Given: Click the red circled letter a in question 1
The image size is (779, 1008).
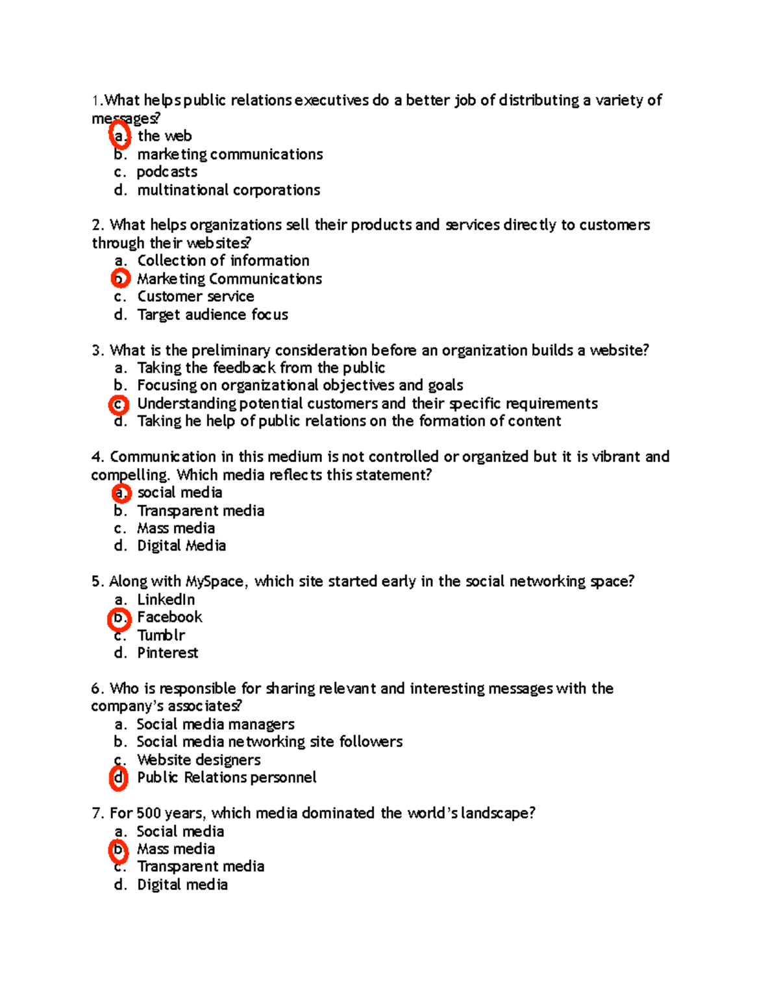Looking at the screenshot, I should point(119,136).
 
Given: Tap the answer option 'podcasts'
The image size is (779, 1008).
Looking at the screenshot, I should point(167,172).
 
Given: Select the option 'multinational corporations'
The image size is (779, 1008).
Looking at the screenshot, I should point(229,190).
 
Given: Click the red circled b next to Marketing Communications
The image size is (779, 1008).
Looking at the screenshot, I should point(120,279).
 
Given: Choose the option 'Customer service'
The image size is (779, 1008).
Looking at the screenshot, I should point(195,297).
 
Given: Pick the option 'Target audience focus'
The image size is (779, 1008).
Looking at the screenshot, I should point(212,315).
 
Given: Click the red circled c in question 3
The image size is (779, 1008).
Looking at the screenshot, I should point(119,404).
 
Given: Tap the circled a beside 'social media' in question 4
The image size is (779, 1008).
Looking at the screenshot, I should point(121,493).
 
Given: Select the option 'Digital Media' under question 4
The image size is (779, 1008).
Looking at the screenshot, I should point(181,546).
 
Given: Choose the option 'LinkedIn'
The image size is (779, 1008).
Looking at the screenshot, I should point(166,600).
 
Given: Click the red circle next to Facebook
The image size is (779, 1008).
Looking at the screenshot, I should point(119,619).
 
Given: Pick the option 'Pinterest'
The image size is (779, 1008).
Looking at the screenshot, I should point(167,653).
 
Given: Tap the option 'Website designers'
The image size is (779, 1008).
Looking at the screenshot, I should point(199,760).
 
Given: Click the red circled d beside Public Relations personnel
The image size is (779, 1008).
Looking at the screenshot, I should point(119,778).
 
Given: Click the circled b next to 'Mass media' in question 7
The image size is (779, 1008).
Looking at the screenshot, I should point(118,850).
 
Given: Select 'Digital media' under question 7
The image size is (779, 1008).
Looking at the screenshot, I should point(182,885).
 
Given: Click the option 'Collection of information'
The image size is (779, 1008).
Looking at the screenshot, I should point(223,261).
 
